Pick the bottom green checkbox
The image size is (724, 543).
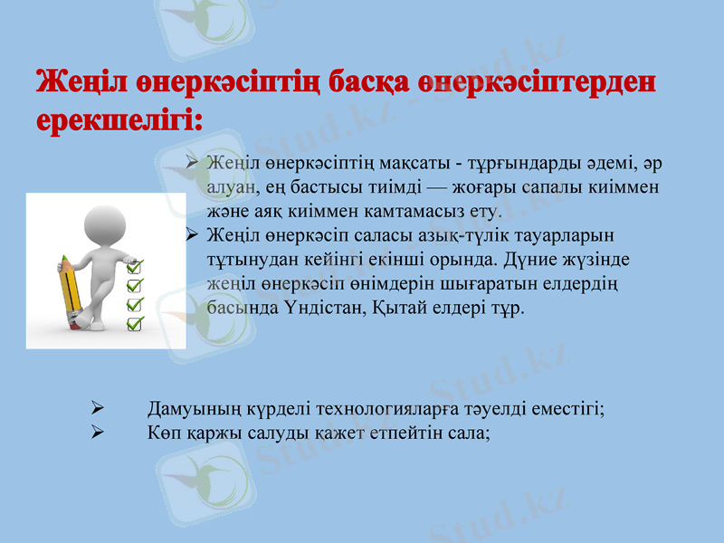136,322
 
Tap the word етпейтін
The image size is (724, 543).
405,433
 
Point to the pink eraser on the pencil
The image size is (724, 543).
66,263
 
